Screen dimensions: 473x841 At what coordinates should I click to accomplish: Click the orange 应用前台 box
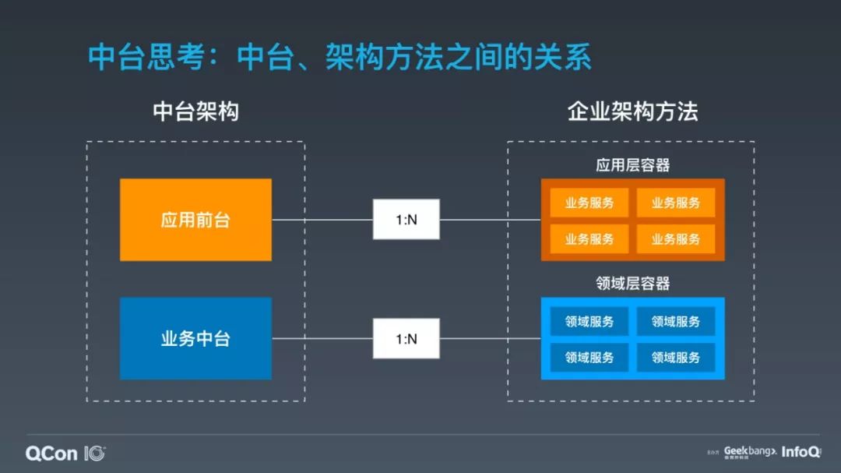(195, 220)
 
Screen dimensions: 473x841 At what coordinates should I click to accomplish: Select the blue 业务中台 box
(195, 339)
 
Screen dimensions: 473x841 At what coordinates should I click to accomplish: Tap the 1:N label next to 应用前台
(406, 220)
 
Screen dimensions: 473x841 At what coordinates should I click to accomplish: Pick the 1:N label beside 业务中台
(406, 339)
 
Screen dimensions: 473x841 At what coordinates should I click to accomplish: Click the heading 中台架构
(195, 111)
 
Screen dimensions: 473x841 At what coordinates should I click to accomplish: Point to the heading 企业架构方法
(632, 111)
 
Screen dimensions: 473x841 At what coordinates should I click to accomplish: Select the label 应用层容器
(632, 165)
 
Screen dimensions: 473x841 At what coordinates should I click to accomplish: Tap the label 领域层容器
(632, 284)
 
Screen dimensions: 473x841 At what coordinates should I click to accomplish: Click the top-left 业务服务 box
(589, 203)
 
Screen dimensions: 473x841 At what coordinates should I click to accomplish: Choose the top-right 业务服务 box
(676, 203)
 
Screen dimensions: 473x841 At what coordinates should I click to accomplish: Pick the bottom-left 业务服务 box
(589, 239)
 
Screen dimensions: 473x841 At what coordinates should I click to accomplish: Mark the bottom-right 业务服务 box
(676, 239)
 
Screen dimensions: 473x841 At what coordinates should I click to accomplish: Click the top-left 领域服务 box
(589, 321)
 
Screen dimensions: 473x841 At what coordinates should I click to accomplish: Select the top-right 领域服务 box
(676, 321)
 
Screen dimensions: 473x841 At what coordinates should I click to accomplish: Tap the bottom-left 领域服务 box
(589, 358)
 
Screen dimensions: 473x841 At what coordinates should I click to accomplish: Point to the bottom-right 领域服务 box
(676, 358)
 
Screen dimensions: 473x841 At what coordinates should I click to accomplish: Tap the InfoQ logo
(801, 452)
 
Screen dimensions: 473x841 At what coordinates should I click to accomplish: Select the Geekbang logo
(749, 451)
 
